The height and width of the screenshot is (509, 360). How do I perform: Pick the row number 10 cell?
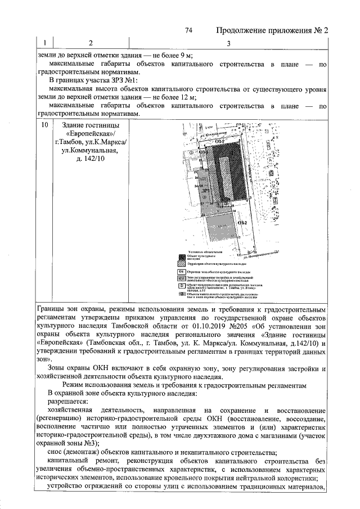tap(44, 125)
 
